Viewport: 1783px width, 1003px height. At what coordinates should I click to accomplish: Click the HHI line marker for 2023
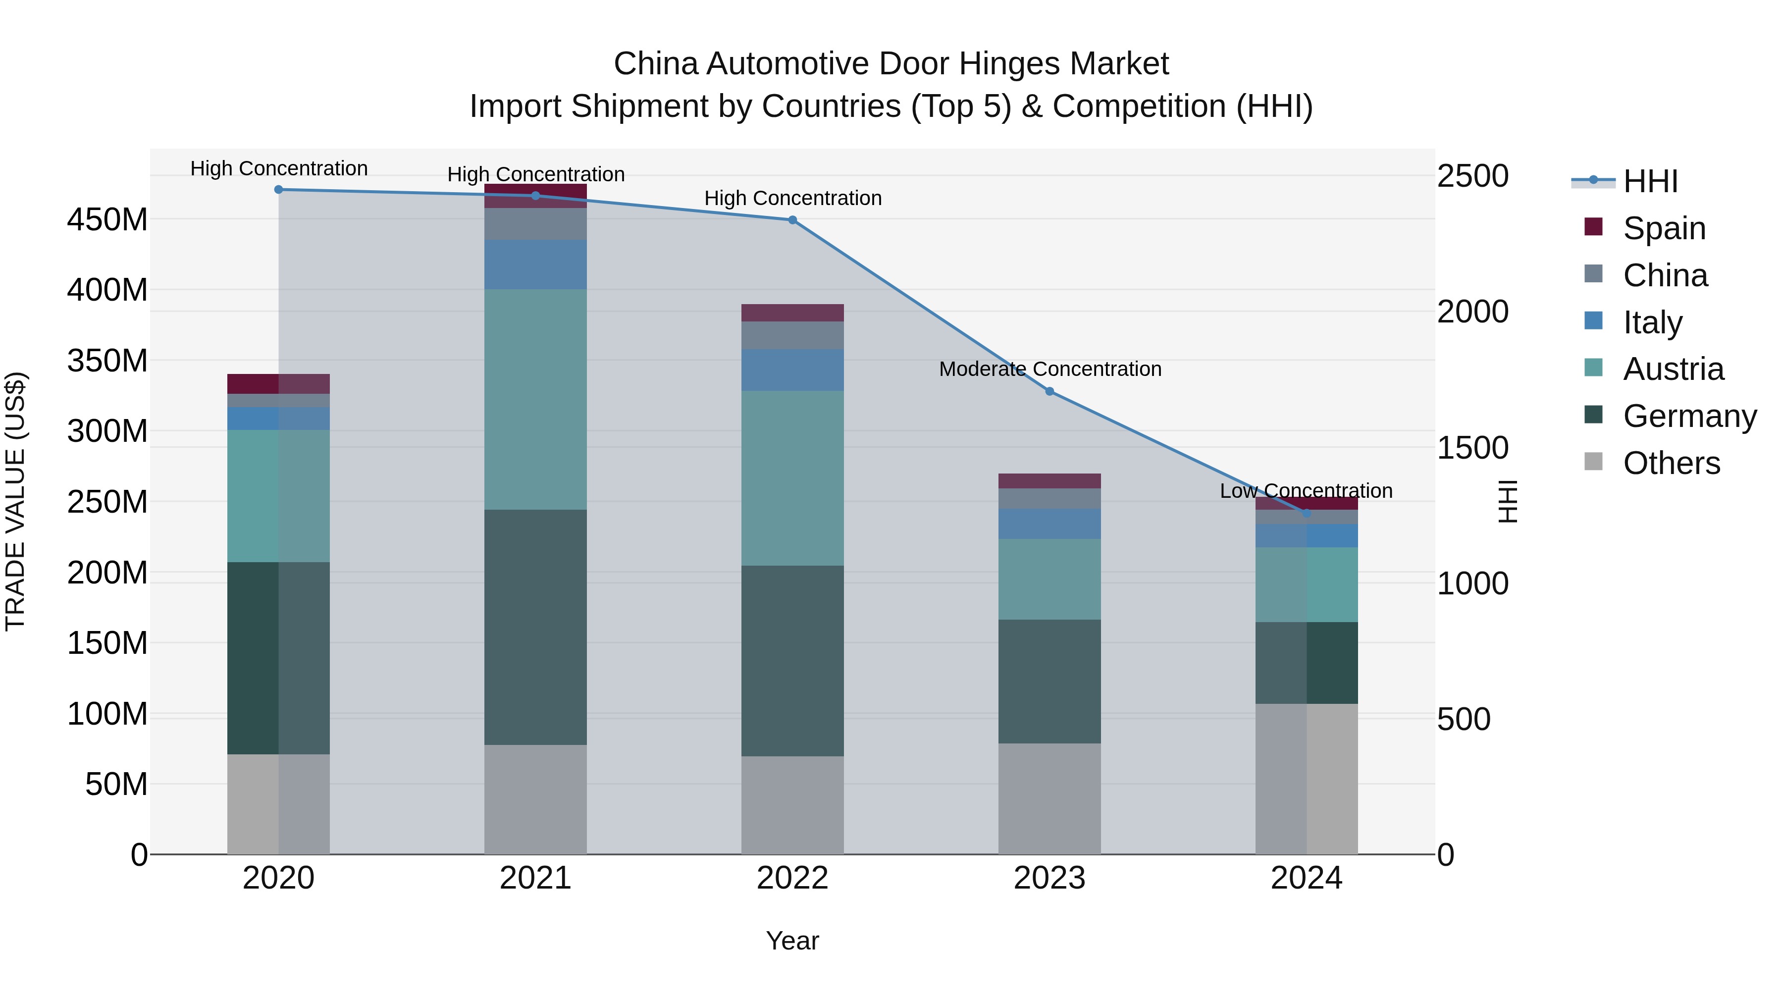pyautogui.click(x=1049, y=391)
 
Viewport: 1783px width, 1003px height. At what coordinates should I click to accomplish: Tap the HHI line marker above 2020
pyautogui.click(x=278, y=189)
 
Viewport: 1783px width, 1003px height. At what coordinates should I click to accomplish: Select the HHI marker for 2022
pyautogui.click(x=792, y=220)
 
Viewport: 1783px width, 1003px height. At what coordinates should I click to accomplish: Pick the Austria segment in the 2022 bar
pyautogui.click(x=792, y=477)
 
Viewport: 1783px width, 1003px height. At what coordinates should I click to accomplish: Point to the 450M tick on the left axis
pyautogui.click(x=107, y=219)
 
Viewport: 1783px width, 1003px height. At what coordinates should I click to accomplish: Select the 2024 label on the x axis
pyautogui.click(x=1306, y=878)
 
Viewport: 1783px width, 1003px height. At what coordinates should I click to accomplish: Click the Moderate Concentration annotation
pyautogui.click(x=1049, y=369)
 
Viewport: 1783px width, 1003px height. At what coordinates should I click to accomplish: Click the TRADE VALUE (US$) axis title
pyautogui.click(x=15, y=501)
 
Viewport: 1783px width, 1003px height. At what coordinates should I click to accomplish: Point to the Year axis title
pyautogui.click(x=792, y=941)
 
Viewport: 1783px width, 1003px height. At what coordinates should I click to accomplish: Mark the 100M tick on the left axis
pyautogui.click(x=107, y=714)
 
